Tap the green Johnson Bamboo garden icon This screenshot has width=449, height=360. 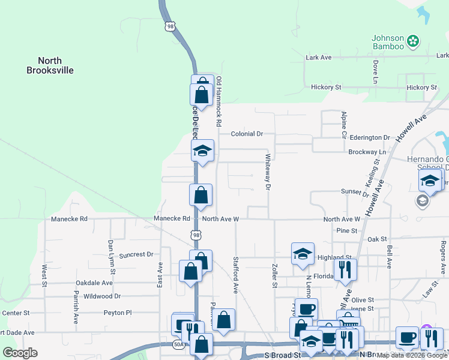(412, 41)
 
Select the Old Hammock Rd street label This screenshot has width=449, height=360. (219, 101)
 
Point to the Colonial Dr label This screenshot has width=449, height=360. (247, 134)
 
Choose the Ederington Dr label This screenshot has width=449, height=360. (370, 137)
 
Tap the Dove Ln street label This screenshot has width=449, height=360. (376, 71)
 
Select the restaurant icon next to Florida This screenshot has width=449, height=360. (345, 269)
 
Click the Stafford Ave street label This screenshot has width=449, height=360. (235, 275)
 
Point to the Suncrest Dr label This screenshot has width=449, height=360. (136, 254)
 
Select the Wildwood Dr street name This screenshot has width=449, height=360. (102, 296)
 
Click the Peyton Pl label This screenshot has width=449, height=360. (117, 313)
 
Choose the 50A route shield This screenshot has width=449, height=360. (178, 344)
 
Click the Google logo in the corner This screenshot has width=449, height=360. (20, 352)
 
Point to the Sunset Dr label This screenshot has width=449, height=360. (354, 193)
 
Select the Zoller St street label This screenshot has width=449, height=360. (274, 277)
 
